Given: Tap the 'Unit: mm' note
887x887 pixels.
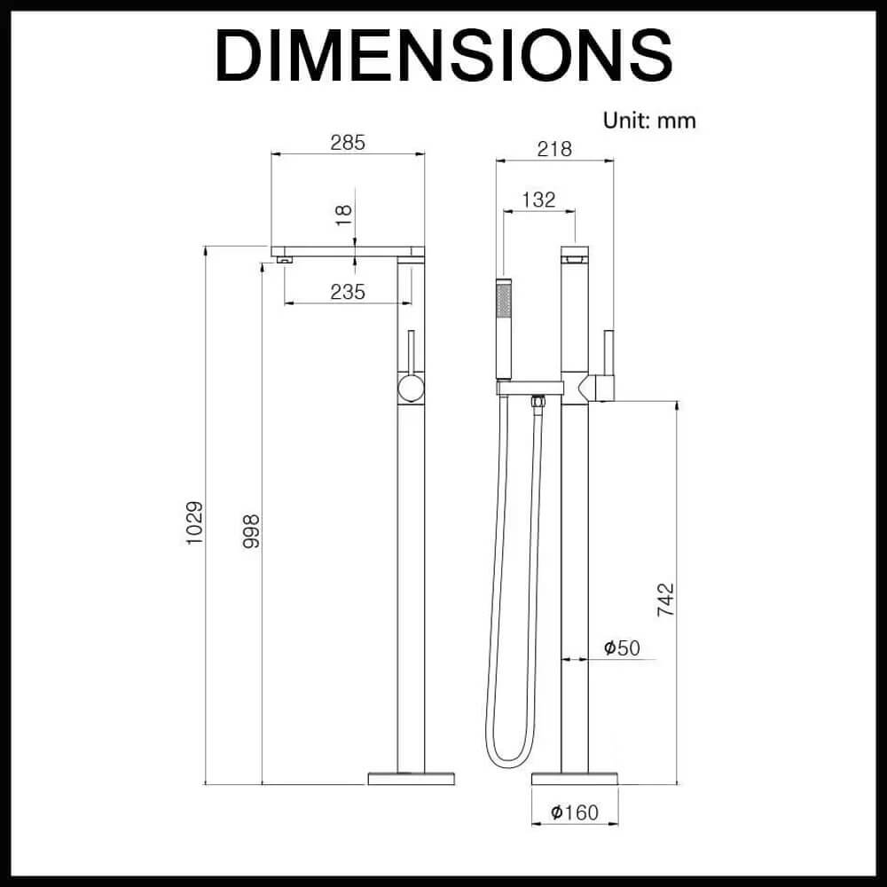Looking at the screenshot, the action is point(649,121).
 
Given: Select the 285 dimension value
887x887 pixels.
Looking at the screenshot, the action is point(348,143).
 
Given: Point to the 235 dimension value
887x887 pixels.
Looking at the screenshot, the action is point(348,292).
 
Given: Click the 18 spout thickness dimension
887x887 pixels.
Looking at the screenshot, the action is point(343,216).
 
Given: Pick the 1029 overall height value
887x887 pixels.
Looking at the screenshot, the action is point(194,522).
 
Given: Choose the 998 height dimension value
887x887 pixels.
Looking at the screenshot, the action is point(251,531).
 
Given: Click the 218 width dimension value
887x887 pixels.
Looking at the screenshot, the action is point(554,149).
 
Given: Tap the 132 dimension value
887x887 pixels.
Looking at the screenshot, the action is point(538,200).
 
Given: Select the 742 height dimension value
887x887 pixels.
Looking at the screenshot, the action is point(666,600).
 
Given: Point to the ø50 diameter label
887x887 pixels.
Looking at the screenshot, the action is point(622,648).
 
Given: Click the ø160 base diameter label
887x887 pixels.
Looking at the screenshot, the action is point(574,812).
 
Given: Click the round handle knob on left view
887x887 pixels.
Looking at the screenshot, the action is point(411,389).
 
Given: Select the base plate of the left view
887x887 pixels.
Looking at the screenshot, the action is point(412,779).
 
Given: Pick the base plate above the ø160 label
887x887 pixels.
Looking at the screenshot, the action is point(575,779).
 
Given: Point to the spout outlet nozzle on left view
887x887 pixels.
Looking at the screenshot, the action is point(285,260).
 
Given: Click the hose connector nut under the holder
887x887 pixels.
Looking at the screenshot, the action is point(538,402).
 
